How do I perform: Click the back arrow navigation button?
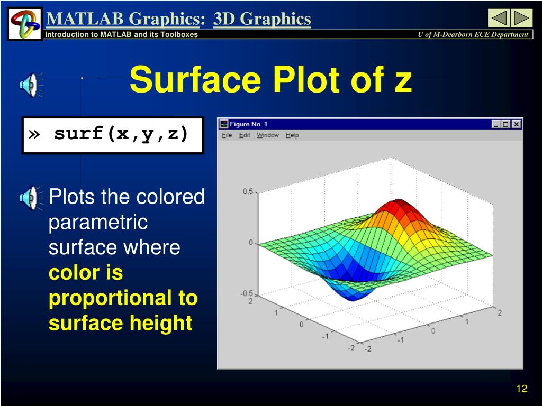pos(499,19)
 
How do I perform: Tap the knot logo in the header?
pos(25,23)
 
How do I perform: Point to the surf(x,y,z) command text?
pos(121,134)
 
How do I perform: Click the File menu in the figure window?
pos(227,135)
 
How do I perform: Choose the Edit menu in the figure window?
pos(245,135)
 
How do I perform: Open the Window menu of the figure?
pos(267,135)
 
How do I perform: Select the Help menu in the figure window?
pos(292,135)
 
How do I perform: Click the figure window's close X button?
pos(516,124)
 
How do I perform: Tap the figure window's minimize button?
pos(496,124)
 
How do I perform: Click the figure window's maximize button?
pos(505,124)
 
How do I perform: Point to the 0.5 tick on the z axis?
pos(248,191)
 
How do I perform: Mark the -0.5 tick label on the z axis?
pos(247,293)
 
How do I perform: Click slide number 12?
pos(521,389)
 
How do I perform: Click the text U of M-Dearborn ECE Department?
pos(473,34)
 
